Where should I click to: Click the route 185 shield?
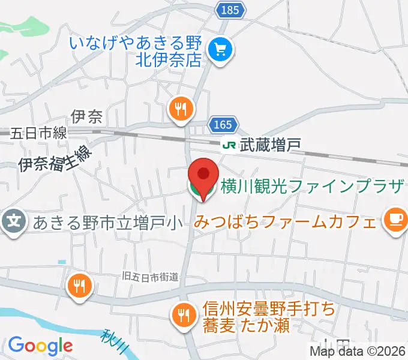point(229,10)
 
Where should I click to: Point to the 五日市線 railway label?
point(38,133)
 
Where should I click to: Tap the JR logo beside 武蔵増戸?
point(229,145)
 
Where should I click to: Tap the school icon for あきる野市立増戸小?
point(14,223)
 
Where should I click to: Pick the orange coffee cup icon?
point(395,221)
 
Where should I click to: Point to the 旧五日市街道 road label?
point(149,277)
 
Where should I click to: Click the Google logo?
point(40,346)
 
